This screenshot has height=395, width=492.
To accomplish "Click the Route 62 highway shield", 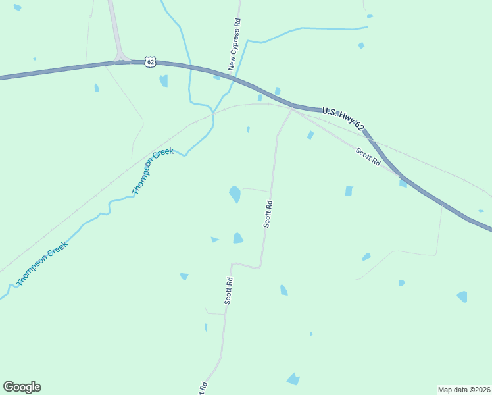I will coord(151,62).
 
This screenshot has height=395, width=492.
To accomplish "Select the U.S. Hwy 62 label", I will coord(343,117).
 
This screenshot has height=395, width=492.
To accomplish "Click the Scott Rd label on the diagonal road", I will coord(368,157).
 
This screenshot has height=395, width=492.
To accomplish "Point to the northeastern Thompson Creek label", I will coord(152,171).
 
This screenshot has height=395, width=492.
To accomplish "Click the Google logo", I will coord(22,387).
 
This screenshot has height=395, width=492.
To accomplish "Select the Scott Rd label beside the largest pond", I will coord(268,214).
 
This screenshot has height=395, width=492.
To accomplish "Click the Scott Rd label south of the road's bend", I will coord(228,290).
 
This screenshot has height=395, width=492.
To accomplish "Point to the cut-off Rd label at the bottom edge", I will coord(203,388).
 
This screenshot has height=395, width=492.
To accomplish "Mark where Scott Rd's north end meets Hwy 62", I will coord(292,106).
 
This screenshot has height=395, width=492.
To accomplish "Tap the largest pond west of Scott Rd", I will coord(234,194).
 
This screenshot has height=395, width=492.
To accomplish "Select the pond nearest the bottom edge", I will coord(293,379).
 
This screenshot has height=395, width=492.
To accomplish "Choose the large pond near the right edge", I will coord(462,296).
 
